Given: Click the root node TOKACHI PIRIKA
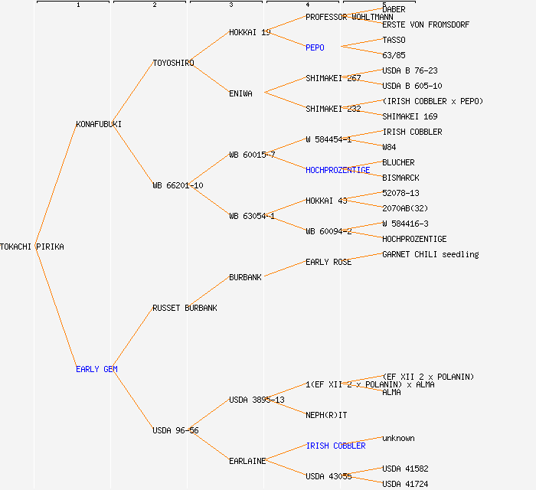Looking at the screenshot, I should [32, 247].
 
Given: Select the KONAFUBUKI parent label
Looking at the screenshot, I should [99, 124].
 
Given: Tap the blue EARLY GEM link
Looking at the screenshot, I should [96, 369].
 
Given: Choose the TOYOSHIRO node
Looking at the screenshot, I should [173, 63].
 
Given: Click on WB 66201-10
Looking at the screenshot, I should [178, 185].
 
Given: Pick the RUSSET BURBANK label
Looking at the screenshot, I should [185, 308].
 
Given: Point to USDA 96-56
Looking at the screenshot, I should [175, 430].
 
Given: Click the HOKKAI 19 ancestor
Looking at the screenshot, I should [250, 32].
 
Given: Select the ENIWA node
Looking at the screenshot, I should [240, 93].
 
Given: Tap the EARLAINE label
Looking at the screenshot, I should [247, 461].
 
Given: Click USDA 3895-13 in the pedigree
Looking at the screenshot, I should [257, 400].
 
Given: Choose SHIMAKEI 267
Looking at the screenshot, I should [333, 78].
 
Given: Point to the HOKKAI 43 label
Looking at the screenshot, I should [326, 201].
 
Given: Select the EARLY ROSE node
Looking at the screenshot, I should [328, 262].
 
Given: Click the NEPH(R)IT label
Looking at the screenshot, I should [326, 415].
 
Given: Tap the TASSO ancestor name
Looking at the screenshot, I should [394, 40].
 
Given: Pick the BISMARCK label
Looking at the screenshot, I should [400, 178].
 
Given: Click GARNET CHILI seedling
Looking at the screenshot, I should [430, 254].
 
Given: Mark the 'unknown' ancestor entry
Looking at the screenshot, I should [398, 438].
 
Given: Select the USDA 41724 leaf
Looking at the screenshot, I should [405, 484].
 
